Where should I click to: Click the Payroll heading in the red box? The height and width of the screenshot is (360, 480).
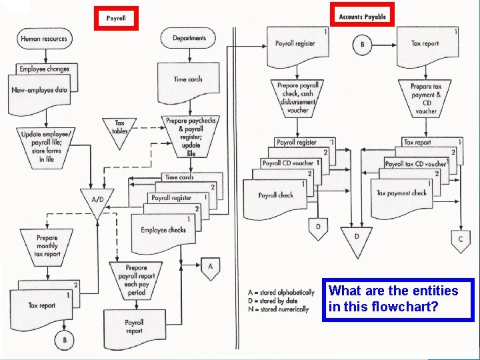[116, 18]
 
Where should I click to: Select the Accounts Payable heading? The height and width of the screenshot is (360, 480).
[362, 16]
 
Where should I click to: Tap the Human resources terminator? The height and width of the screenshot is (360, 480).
[44, 39]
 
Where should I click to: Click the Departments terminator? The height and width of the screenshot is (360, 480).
[189, 38]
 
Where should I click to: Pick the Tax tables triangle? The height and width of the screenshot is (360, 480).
[119, 128]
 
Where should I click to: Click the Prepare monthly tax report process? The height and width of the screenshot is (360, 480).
[47, 245]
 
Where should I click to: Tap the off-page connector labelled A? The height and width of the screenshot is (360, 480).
[211, 268]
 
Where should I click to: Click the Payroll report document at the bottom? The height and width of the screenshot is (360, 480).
[134, 327]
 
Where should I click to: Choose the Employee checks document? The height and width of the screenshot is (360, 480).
[163, 231]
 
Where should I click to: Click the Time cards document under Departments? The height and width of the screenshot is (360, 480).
[188, 80]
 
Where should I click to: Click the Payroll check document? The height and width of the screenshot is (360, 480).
[275, 196]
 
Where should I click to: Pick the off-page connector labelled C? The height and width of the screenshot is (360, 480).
[460, 239]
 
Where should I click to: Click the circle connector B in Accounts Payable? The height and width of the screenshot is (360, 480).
[363, 45]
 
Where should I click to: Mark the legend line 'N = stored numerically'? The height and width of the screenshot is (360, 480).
[278, 309]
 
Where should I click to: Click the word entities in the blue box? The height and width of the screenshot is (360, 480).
[433, 291]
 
